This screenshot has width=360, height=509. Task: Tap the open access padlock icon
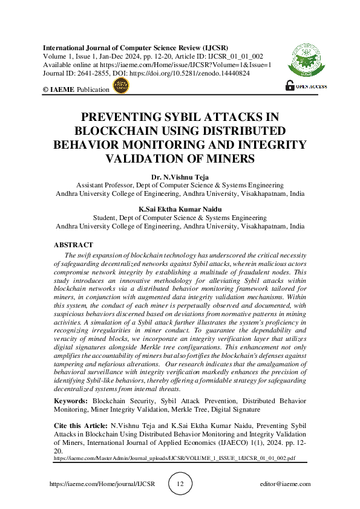tap(289, 86)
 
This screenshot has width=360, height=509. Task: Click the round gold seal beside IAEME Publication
tap(120, 86)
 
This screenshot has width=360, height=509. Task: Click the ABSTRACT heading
tap(73, 245)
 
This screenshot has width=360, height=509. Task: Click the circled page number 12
tap(180, 484)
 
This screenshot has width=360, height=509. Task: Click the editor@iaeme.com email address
tap(284, 484)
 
